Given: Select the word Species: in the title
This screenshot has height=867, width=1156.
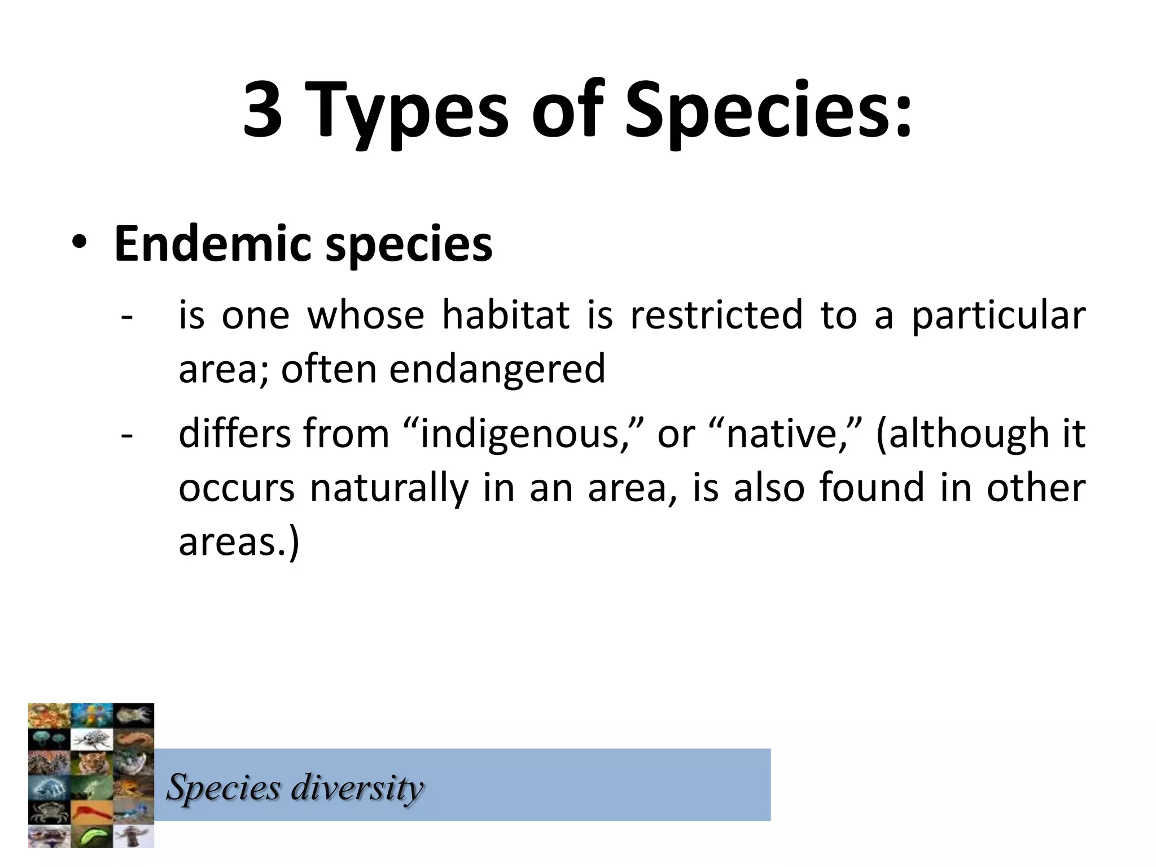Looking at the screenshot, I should point(768,110).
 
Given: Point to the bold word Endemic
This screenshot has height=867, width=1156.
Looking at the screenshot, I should point(212,244).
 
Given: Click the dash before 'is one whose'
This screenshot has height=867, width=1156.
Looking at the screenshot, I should point(127,317).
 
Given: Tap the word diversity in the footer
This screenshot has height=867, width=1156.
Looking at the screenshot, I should point(357,788).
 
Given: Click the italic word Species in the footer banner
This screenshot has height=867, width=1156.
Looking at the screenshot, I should point(224,788).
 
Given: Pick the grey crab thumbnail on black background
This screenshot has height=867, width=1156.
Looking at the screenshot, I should point(49,811).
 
